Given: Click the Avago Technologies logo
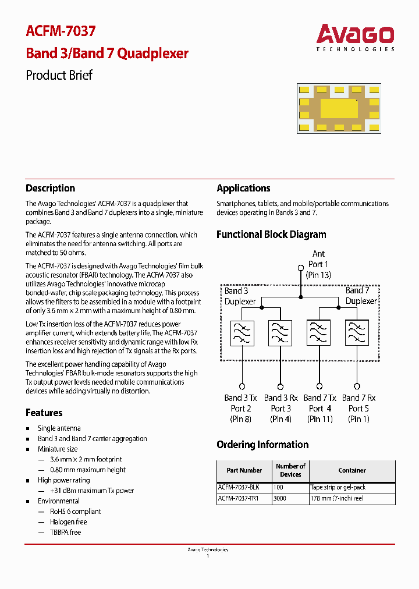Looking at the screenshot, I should [355, 37].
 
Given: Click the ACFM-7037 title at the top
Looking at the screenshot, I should [61, 31].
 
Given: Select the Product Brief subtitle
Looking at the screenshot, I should [59, 75].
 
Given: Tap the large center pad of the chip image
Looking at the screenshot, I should [339, 108].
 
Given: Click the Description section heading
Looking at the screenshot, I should [50, 188].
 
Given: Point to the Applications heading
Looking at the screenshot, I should [243, 188].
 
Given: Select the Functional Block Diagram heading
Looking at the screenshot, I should [271, 235].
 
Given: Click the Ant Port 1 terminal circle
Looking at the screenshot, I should [301, 268].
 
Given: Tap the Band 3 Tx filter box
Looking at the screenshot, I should [242, 333].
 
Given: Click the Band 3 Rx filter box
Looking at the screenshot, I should [280, 333].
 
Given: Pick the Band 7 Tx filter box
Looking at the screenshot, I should [319, 333].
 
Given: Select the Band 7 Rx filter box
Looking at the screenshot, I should [357, 333].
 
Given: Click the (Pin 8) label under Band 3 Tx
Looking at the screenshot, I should [241, 418].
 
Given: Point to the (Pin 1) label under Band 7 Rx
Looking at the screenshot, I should [358, 418].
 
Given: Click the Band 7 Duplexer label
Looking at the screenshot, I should [361, 296].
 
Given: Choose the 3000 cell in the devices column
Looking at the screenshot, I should [280, 499].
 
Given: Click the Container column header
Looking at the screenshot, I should [352, 470].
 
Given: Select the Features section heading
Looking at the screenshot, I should [44, 413].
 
